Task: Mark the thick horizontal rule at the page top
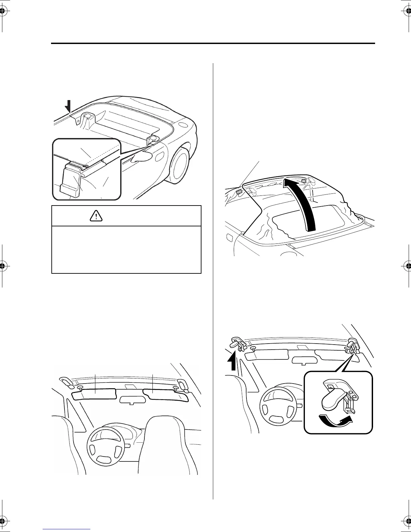213,43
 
